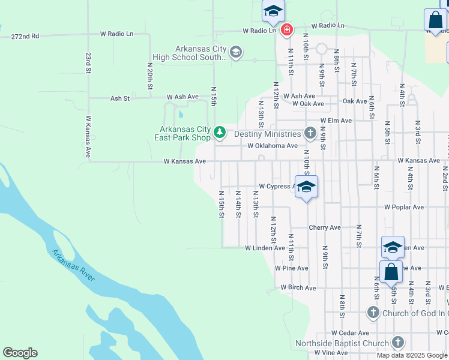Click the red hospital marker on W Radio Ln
(x=287, y=29)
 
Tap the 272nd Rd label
(x=25, y=37)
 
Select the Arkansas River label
(x=74, y=265)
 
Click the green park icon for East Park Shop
(x=220, y=132)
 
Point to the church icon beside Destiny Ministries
(x=310, y=133)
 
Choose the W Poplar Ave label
(x=404, y=207)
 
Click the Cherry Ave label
(x=325, y=228)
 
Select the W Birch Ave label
(x=298, y=288)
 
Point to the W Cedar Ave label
(x=351, y=333)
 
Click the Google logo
(x=20, y=353)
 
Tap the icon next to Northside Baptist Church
(x=397, y=343)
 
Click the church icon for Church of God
(x=373, y=313)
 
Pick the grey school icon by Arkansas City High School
(x=236, y=53)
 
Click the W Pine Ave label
(x=292, y=268)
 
